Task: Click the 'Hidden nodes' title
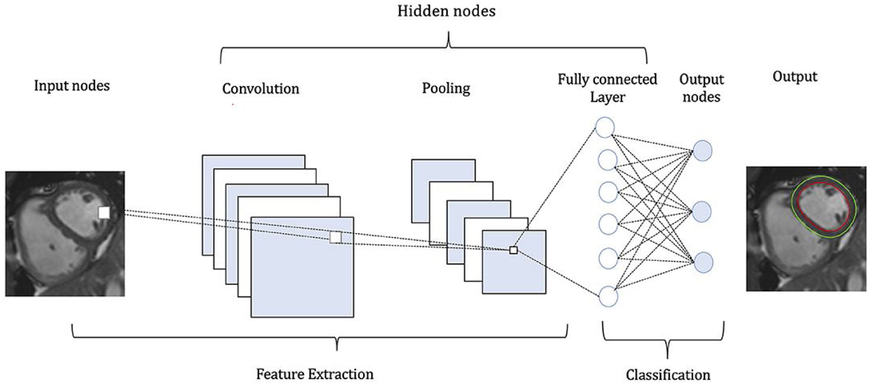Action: click(446, 11)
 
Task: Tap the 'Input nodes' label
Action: click(72, 86)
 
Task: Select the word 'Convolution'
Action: click(261, 89)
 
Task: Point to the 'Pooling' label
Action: click(446, 88)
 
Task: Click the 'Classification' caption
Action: click(668, 375)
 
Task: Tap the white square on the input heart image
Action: click(104, 213)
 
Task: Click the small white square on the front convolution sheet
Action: click(335, 237)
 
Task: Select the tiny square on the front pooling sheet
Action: click(513, 250)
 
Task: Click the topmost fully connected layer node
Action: click(605, 128)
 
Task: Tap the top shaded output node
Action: click(702, 151)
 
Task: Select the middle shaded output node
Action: click(702, 212)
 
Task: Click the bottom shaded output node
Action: click(703, 262)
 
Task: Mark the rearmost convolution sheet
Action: click(253, 162)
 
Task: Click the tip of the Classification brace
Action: click(667, 357)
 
